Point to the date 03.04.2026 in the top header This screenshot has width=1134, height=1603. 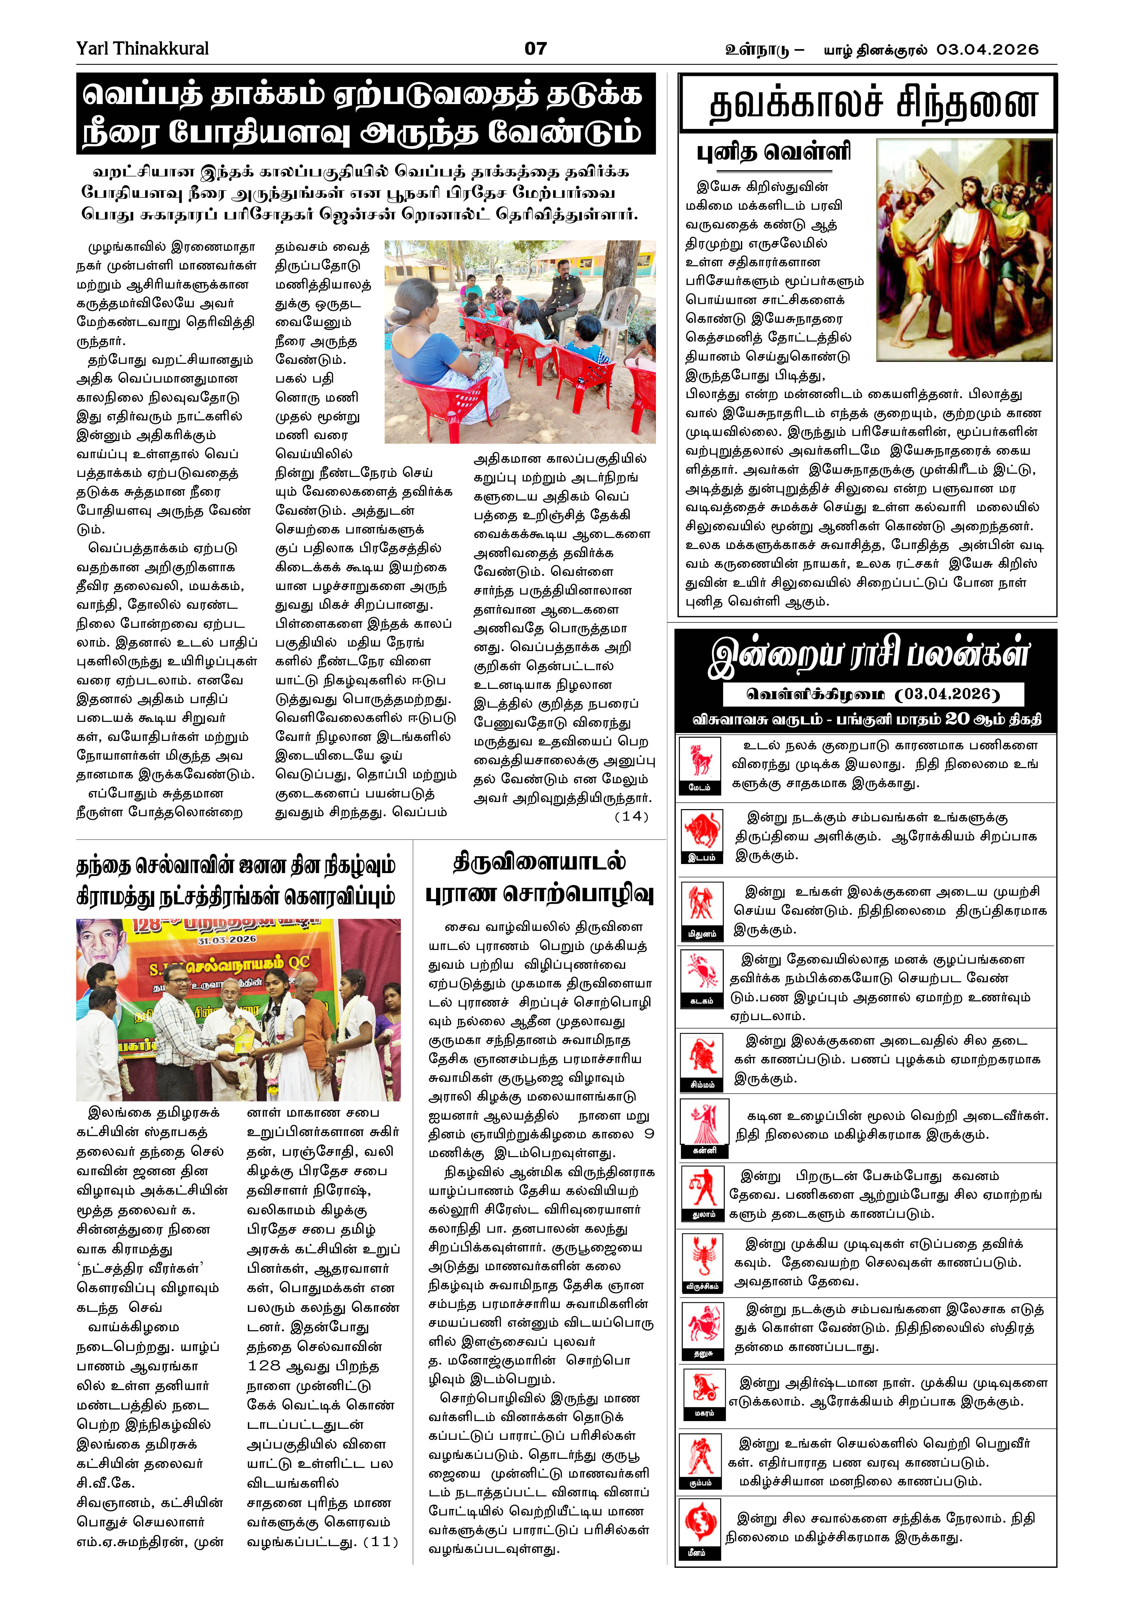(987, 49)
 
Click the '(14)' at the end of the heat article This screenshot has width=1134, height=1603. (631, 816)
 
